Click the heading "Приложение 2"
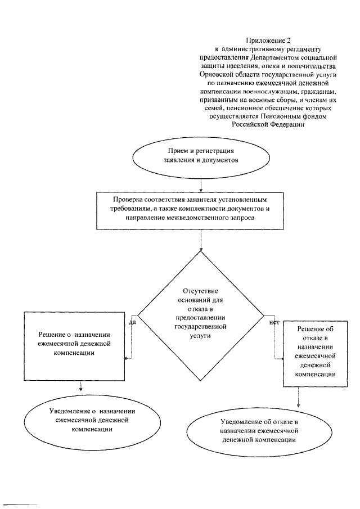coord(268,40)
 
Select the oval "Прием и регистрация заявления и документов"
coord(201,155)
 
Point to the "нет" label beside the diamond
coord(274,323)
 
